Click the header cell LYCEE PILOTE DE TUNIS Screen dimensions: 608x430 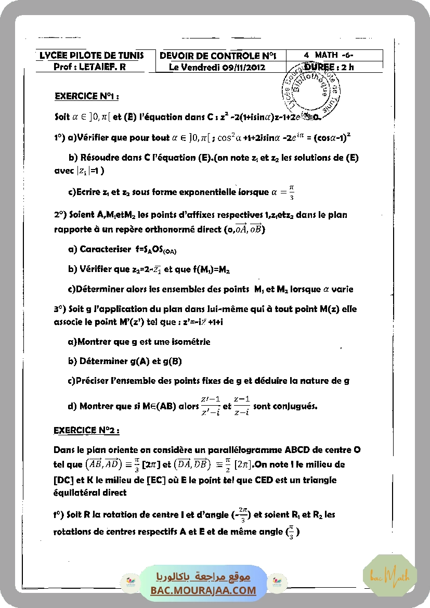92,56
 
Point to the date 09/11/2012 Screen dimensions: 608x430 244,67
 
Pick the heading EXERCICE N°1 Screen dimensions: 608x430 87,96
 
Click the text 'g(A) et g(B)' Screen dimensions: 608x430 155,361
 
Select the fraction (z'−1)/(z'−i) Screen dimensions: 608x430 210,406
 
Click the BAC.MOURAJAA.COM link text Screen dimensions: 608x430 203,590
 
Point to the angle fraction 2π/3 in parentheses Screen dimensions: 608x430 242,515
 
